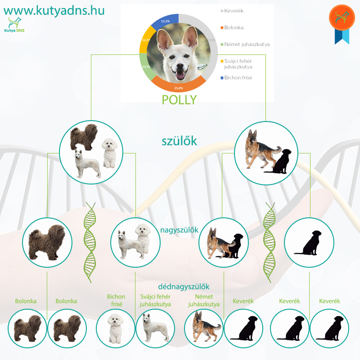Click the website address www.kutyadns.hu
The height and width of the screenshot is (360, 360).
(x=54, y=10)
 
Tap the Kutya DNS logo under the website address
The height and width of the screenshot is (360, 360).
(x=14, y=25)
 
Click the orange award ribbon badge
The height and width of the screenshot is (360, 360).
(x=342, y=24)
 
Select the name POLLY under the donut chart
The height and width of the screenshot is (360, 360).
(x=179, y=99)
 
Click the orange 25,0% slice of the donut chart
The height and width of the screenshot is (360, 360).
(x=178, y=85)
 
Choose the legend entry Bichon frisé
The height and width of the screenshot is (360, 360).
(x=236, y=77)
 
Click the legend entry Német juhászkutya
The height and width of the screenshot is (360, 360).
(x=245, y=44)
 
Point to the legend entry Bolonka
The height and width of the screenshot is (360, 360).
(x=232, y=27)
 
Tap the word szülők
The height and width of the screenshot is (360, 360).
(x=179, y=141)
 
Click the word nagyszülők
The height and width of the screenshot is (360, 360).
(x=179, y=230)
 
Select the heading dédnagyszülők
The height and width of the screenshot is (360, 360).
(x=184, y=287)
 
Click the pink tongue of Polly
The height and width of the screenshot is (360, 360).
(x=180, y=75)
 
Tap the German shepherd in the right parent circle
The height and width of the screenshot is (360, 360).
(x=261, y=149)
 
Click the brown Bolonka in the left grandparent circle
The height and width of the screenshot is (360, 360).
(x=47, y=243)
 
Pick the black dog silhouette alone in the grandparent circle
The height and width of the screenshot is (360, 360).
(x=308, y=243)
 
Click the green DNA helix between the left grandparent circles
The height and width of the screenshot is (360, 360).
(x=90, y=243)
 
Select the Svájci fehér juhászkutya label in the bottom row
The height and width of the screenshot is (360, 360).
(x=155, y=300)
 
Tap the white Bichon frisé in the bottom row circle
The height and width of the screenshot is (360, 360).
(x=116, y=328)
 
